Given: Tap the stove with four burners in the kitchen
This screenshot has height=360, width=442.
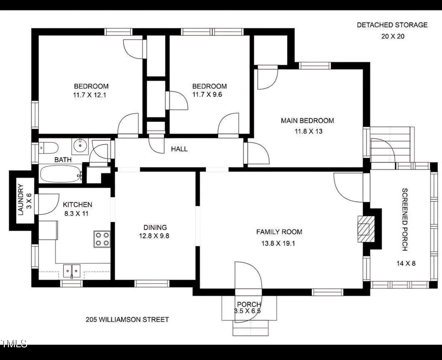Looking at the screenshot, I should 102,239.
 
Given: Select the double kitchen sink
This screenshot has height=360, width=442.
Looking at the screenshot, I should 72,271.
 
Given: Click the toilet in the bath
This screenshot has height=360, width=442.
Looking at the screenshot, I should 48,146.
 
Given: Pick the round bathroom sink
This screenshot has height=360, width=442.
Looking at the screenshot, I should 80,145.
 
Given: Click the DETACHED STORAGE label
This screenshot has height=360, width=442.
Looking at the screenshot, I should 392,25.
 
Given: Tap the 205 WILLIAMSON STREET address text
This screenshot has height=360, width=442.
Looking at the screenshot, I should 127,320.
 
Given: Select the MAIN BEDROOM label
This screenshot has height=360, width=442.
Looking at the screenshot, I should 307,121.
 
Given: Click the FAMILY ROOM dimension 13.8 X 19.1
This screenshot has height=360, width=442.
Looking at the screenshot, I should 279,243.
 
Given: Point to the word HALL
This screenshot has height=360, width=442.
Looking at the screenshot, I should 179,149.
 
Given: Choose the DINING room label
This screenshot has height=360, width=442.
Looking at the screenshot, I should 155,227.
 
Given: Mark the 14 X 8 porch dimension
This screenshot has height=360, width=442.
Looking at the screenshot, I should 406,263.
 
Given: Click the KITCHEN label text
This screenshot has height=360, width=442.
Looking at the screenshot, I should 77,205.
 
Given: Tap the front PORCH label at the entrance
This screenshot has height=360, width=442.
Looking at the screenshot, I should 249,305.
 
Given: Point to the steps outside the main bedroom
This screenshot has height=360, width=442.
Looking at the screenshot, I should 391,144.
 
